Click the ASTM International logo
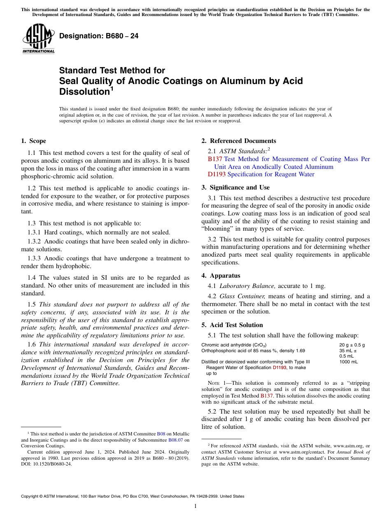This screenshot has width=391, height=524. tap(38, 39)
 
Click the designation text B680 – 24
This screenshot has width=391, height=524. tap(99, 36)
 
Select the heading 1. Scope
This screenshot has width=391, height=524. tap(33, 141)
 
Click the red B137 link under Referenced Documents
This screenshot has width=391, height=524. tap(215, 159)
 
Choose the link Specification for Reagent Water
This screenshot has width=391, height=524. tap(271, 174)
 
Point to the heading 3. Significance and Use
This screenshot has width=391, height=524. tap(235, 187)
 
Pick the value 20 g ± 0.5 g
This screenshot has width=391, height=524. tap(352, 345)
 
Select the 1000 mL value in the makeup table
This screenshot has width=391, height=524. tap(348, 362)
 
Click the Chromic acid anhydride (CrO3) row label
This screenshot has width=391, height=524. tap(234, 345)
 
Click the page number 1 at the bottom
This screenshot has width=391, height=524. tap(195, 506)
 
